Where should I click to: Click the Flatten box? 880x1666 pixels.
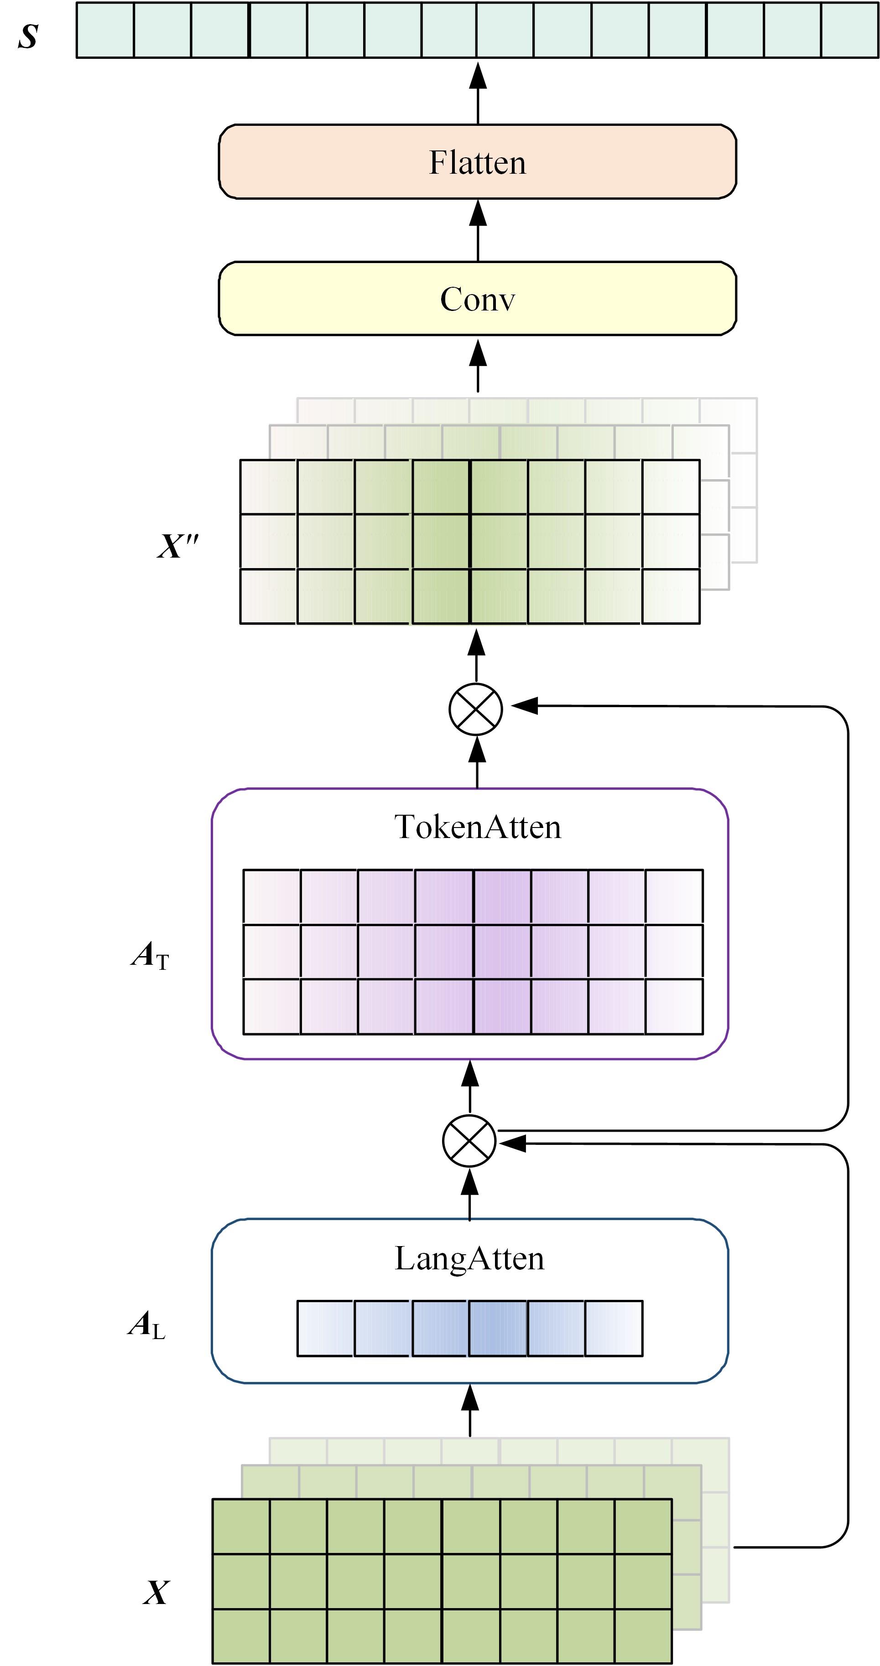pyautogui.click(x=478, y=162)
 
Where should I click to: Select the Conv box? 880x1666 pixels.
pyautogui.click(x=478, y=299)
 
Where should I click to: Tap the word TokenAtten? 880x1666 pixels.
pyautogui.click(x=478, y=827)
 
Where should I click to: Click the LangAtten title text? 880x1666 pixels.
pyautogui.click(x=470, y=1258)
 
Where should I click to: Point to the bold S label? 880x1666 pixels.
pyautogui.click(x=28, y=36)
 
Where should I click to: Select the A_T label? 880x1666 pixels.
pyautogui.click(x=150, y=955)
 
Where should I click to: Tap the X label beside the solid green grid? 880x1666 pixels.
pyautogui.click(x=156, y=1592)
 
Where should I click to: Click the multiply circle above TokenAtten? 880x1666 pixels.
pyautogui.click(x=476, y=709)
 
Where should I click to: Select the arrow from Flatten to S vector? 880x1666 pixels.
pyautogui.click(x=478, y=92)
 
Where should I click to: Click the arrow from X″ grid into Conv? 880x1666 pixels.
pyautogui.click(x=478, y=365)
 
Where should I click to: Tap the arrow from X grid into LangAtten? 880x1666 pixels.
pyautogui.click(x=470, y=1410)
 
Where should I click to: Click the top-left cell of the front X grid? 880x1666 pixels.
pyautogui.click(x=241, y=1526)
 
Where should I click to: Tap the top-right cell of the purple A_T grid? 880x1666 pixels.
pyautogui.click(x=674, y=896)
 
